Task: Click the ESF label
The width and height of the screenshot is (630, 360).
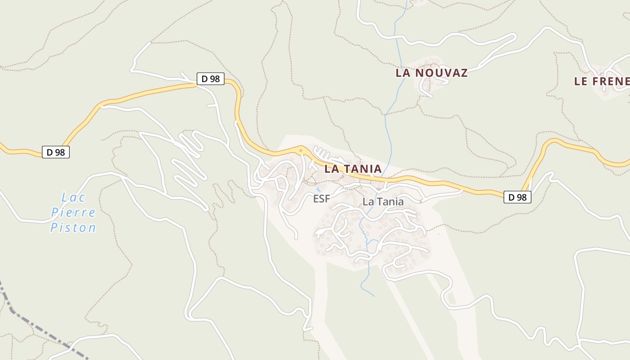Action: (322, 199)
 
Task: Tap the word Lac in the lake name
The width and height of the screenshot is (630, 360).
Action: (73, 198)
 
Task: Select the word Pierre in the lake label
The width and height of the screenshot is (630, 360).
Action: (73, 212)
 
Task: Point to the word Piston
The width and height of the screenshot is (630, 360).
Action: (73, 228)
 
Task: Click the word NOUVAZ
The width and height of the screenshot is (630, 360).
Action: (442, 73)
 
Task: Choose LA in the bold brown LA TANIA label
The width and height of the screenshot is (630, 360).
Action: (331, 169)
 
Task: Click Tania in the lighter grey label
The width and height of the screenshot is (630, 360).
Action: (390, 202)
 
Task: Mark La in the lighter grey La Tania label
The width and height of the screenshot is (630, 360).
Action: (369, 202)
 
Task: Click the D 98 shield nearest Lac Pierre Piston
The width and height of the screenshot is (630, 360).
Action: (56, 152)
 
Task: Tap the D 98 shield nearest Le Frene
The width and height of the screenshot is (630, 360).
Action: (517, 197)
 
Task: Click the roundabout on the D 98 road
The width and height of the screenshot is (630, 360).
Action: (301, 150)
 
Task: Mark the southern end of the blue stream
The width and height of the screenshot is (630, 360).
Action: (373, 296)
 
